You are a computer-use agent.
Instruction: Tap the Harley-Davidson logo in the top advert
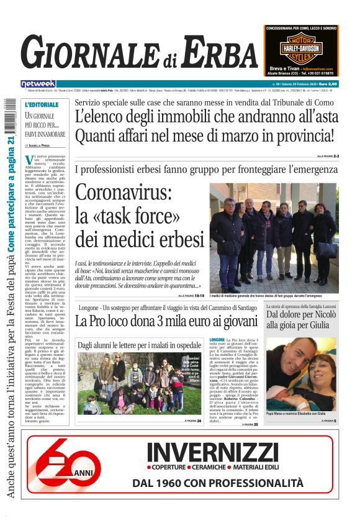click(x=300, y=48)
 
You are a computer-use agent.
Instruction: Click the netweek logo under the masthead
click(x=38, y=83)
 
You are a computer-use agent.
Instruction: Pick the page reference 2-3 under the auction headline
click(x=336, y=156)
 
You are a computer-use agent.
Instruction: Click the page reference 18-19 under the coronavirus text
click(x=199, y=296)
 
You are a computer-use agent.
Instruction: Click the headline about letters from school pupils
click(x=139, y=344)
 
